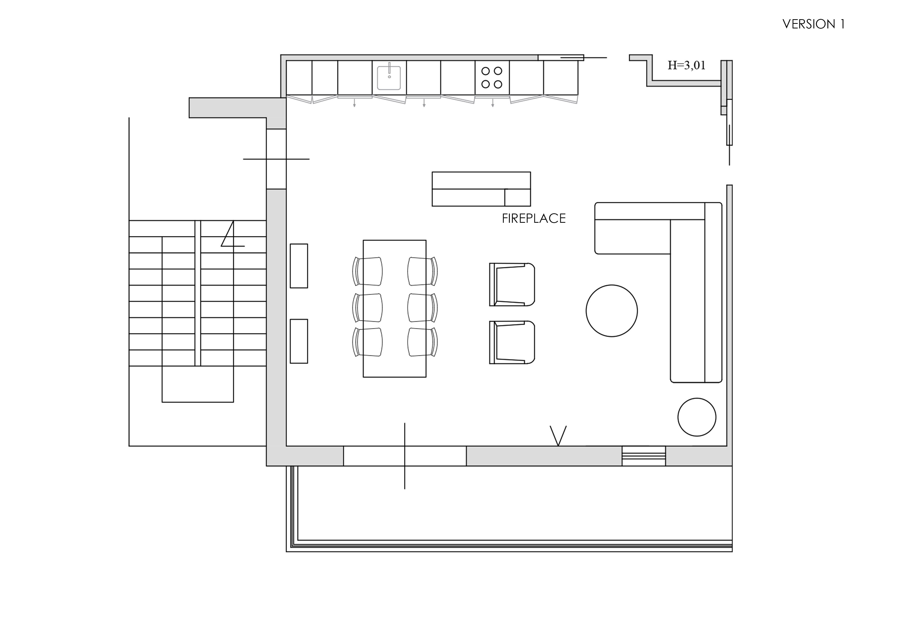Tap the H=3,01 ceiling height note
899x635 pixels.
click(686, 65)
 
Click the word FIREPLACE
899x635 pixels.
click(534, 218)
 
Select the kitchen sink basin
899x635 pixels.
click(389, 78)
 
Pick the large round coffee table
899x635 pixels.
click(612, 311)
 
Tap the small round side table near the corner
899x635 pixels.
click(697, 417)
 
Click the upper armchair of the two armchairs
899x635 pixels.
click(512, 284)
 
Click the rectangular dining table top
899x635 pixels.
click(395, 309)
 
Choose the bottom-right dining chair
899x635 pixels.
click(422, 342)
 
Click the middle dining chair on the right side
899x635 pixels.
click(422, 308)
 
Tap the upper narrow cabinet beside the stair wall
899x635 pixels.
click(299, 266)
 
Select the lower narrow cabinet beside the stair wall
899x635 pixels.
click(299, 341)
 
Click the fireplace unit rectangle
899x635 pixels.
click(481, 189)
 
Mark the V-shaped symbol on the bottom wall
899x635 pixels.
click(558, 436)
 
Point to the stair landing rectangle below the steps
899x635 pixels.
click(198, 384)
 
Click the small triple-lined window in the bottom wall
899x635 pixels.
click(644, 456)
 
